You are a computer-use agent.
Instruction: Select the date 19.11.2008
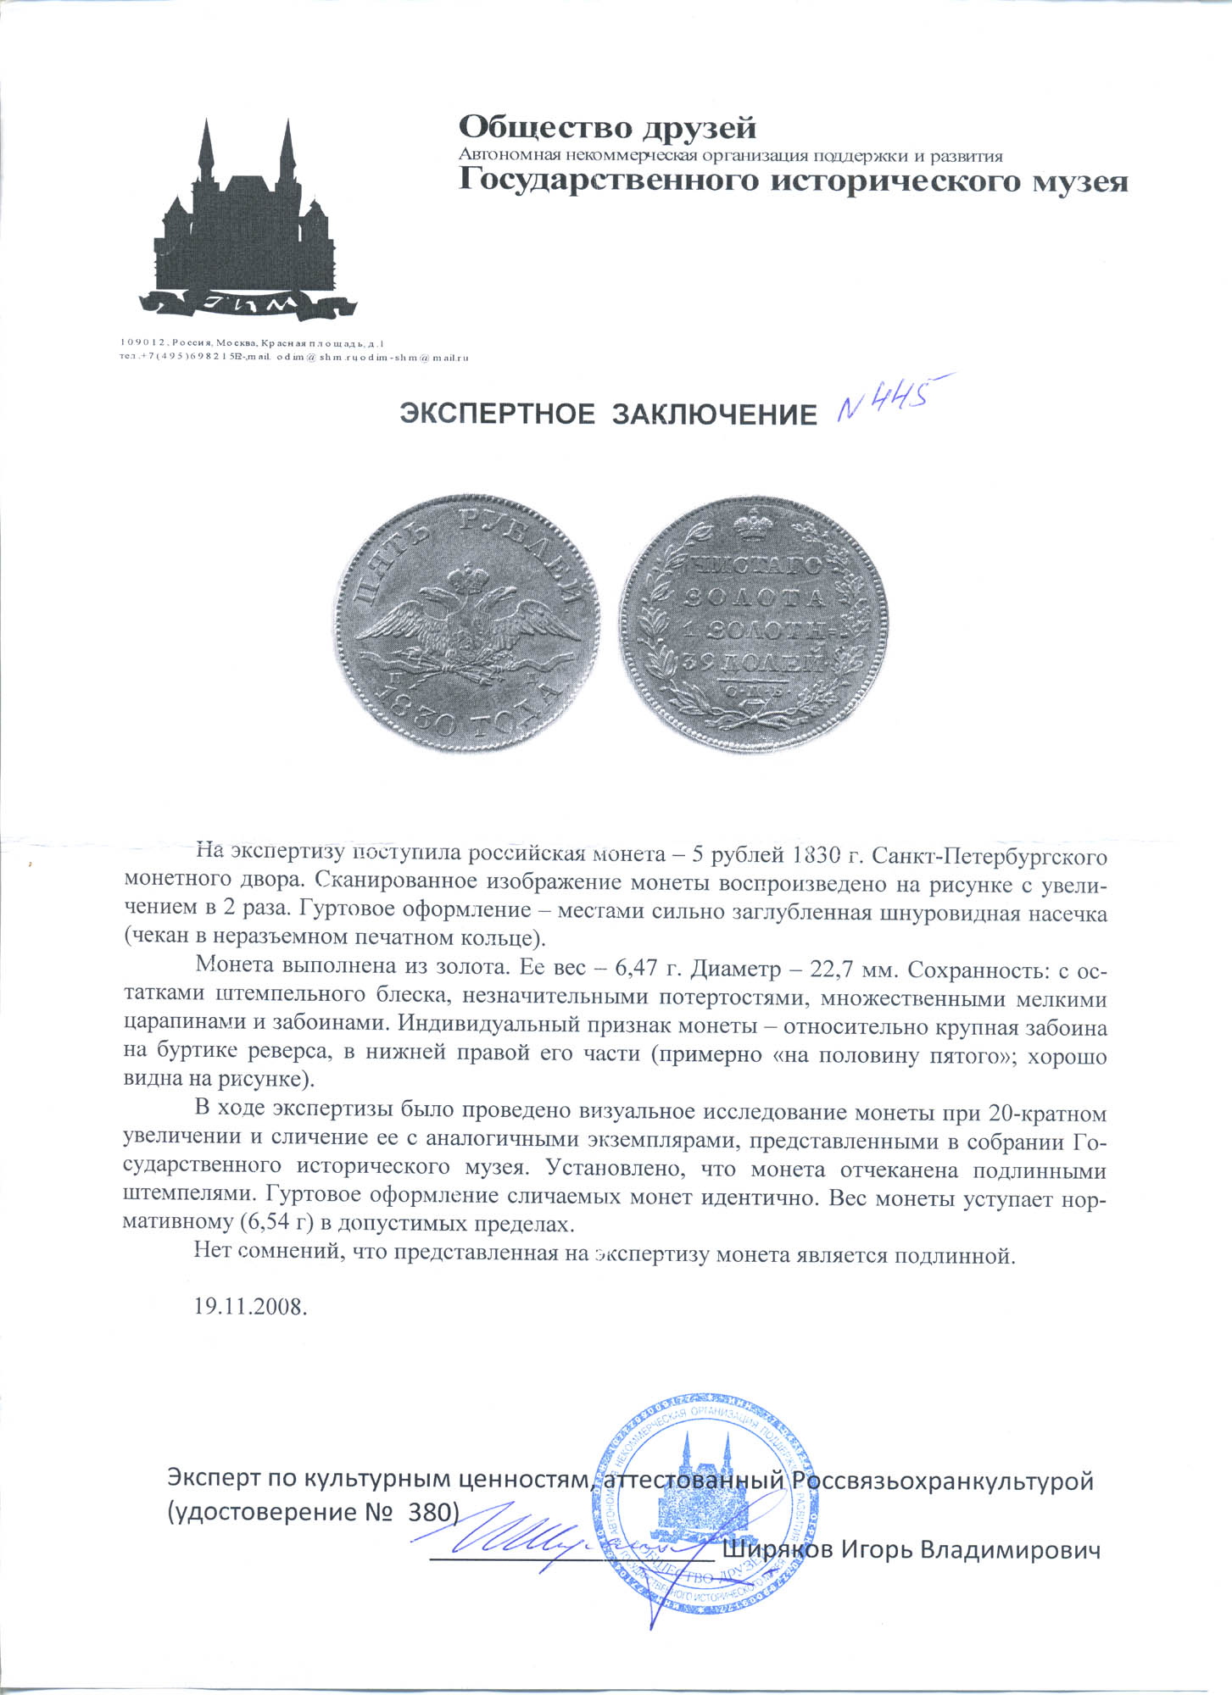pyautogui.click(x=250, y=1306)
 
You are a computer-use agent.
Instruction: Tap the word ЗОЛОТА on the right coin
pyautogui.click(x=754, y=597)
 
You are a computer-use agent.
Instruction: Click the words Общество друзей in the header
pyautogui.click(x=607, y=128)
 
